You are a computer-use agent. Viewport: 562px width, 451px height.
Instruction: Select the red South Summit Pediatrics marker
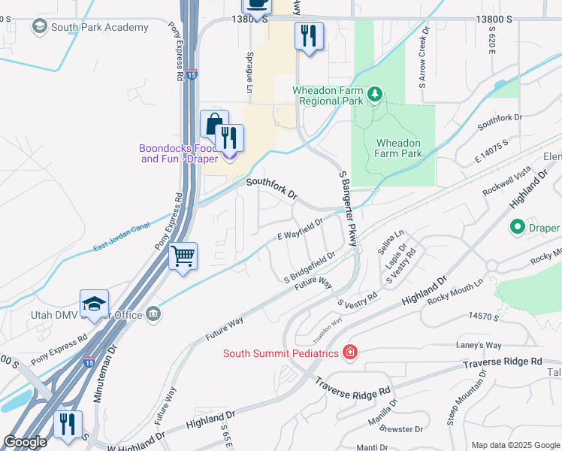(x=349, y=352)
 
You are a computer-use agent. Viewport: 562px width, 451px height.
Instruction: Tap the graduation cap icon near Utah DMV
(x=94, y=304)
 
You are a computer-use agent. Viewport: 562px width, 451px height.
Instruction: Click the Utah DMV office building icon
(x=153, y=314)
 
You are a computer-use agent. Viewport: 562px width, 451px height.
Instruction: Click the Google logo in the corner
(x=25, y=442)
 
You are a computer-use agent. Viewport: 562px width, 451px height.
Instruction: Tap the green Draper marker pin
(x=517, y=226)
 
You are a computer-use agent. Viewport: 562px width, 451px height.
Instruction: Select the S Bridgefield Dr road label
(x=309, y=268)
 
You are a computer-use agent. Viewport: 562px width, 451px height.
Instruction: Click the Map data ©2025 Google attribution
(x=515, y=445)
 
